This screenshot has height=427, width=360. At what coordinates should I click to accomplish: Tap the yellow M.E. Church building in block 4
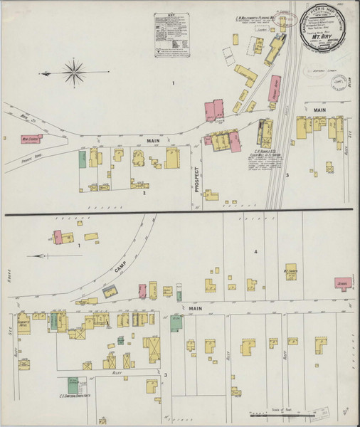coord(291,272)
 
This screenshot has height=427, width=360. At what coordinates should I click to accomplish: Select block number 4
coord(255,251)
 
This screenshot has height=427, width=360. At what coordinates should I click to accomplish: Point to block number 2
coord(144,193)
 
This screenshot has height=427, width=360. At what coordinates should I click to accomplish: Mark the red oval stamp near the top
coord(287,17)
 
